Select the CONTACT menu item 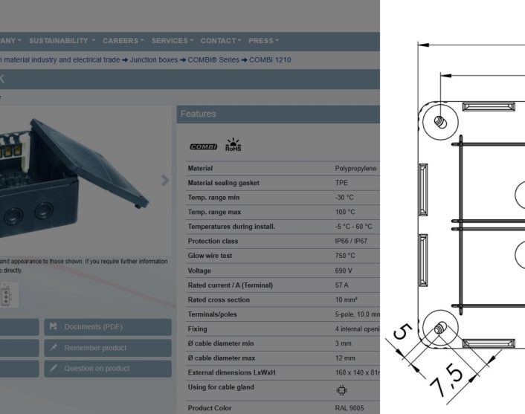[x=221, y=40]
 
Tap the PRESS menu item [x=263, y=40]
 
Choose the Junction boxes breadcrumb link [x=153, y=60]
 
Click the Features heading [x=198, y=114]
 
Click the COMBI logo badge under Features [x=202, y=146]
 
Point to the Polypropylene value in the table [x=355, y=169]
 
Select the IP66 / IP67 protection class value [x=352, y=241]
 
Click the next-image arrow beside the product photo [x=165, y=180]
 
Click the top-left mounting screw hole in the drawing [x=439, y=120]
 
